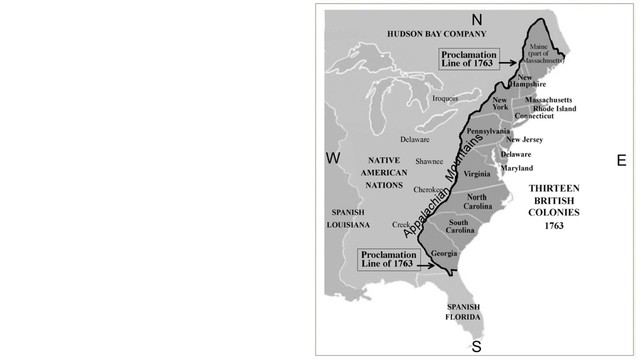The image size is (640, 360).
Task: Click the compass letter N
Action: pos(477,20)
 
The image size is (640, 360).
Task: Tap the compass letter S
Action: pos(477,346)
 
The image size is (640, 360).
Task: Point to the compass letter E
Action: pos(620,159)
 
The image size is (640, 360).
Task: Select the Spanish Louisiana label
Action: pos(348,218)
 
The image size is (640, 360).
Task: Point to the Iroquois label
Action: pos(446,99)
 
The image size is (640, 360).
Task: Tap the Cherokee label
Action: pos(427,189)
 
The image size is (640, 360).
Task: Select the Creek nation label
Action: pos(402,225)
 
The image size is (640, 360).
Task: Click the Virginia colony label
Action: pos(477,174)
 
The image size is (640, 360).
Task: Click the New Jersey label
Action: pos(525,139)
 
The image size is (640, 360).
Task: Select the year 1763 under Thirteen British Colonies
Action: pos(554,225)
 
